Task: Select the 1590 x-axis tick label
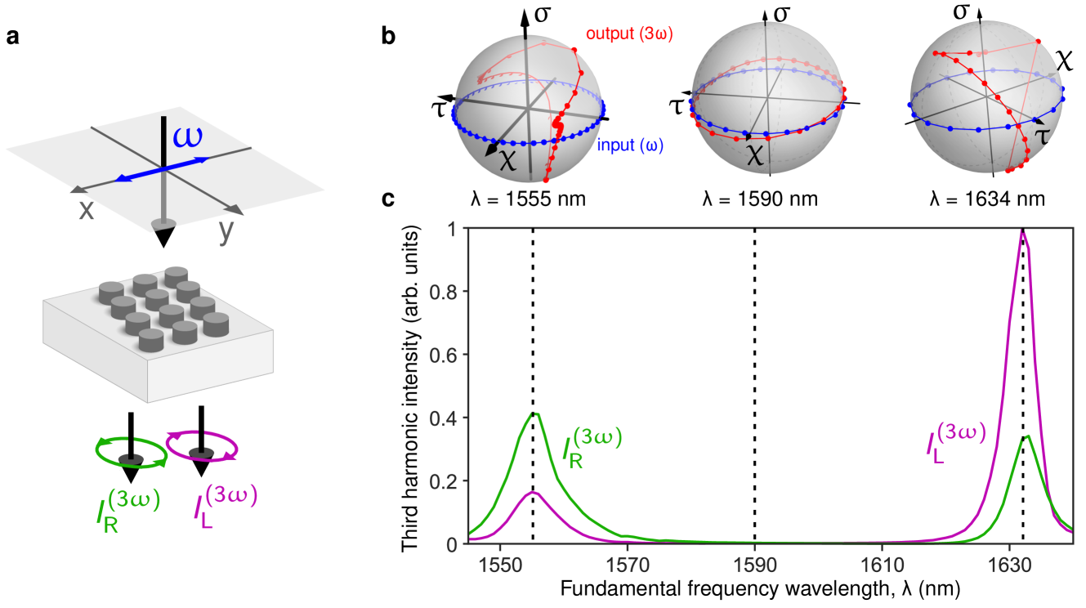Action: [x=754, y=565]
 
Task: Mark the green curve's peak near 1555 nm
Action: [x=535, y=414]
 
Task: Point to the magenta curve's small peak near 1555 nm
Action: [x=534, y=492]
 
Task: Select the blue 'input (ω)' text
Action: [x=630, y=146]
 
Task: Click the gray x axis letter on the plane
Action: [x=86, y=210]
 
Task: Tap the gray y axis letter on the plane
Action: [x=226, y=232]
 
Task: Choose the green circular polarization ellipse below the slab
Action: [x=131, y=451]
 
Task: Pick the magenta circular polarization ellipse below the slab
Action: [x=202, y=445]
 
